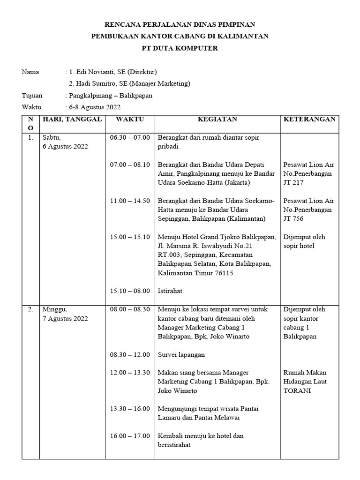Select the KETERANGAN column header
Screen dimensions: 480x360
[x=309, y=119]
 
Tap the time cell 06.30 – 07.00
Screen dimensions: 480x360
[x=130, y=137]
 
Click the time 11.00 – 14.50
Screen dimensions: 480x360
[x=130, y=201]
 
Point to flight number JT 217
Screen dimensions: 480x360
[x=294, y=182]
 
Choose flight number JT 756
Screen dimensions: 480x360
[x=294, y=218]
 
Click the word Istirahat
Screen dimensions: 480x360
[x=170, y=291]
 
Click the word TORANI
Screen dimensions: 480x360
[x=298, y=390]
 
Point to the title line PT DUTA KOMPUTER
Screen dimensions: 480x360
[x=180, y=48]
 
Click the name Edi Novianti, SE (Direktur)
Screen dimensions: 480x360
[x=113, y=72]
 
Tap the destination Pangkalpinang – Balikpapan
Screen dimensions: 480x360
[x=111, y=96]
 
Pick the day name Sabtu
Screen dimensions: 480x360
[x=52, y=137]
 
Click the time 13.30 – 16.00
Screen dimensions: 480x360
[x=130, y=408]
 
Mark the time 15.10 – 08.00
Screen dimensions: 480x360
[x=130, y=291]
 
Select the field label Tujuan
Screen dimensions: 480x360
[x=32, y=96]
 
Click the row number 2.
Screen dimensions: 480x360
[x=30, y=309]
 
